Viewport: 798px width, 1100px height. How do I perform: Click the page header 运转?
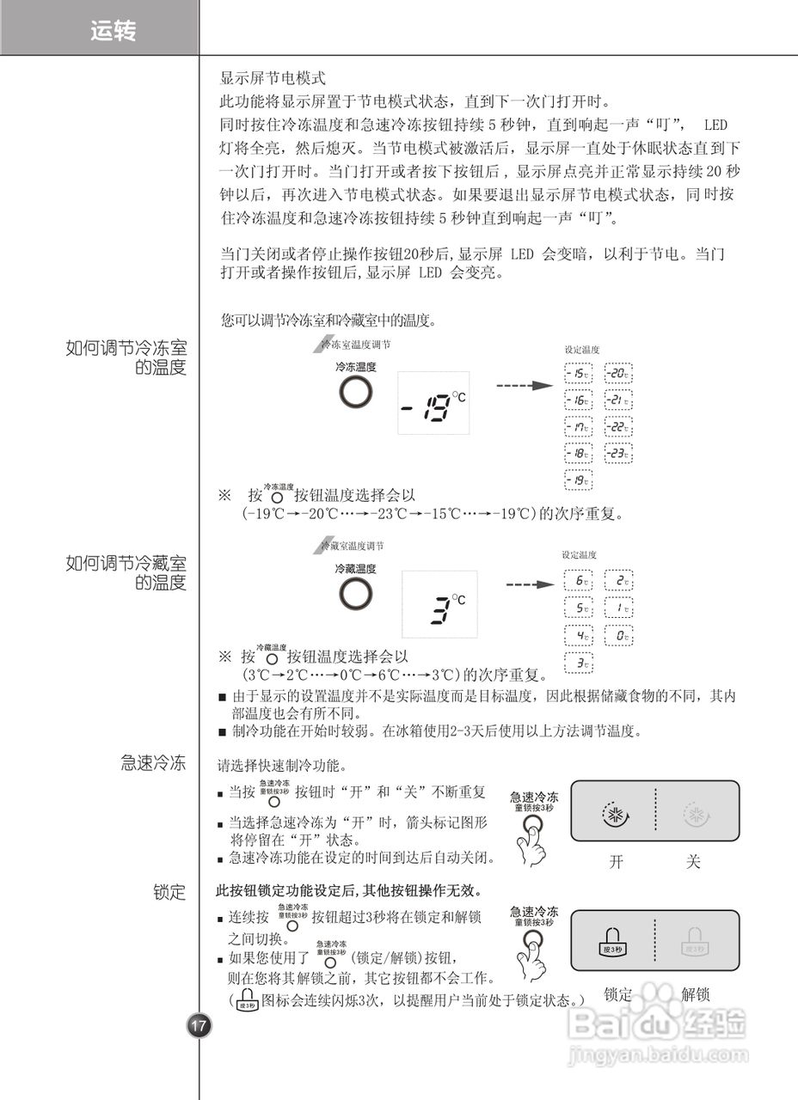pos(113,32)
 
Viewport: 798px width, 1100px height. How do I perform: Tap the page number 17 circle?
pos(199,1025)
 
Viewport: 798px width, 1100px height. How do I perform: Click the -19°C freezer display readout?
pos(434,409)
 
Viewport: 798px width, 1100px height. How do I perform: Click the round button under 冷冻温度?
pos(356,392)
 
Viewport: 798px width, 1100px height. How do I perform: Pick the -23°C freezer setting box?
pos(617,453)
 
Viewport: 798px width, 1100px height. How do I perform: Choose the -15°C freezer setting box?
pos(579,374)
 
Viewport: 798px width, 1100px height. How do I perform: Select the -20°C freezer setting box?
pos(617,374)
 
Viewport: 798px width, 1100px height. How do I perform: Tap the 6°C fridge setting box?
pos(579,582)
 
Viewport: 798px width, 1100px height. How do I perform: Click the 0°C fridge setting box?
pos(617,637)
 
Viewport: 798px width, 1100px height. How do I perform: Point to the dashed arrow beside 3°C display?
pos(528,585)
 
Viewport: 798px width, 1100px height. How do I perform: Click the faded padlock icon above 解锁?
pos(695,943)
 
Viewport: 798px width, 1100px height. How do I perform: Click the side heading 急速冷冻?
pos(153,762)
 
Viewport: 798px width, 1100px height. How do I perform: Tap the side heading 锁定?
pos(169,892)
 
